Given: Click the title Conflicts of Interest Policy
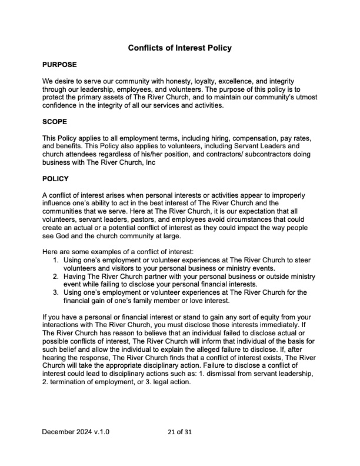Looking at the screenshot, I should pos(179,48).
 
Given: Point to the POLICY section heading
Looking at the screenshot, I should pos(55,178).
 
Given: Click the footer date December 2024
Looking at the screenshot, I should pos(67,432).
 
